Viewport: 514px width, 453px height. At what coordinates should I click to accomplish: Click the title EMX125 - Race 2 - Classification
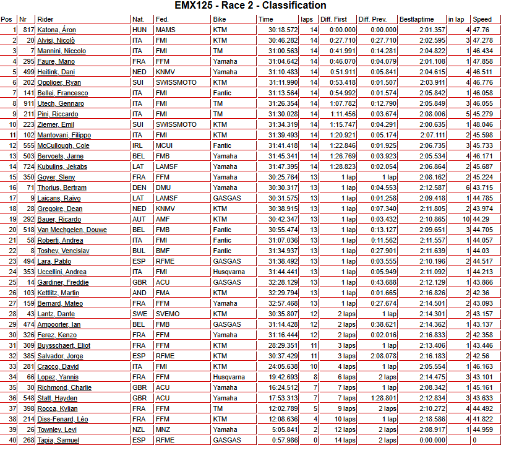pos(257,6)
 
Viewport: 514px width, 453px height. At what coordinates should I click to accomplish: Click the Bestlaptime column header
pos(415,19)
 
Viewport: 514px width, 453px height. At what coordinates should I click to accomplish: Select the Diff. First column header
pos(334,19)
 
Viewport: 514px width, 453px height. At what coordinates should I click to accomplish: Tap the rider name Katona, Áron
pos(56,30)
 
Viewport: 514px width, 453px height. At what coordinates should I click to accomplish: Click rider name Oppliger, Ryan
pos(59,82)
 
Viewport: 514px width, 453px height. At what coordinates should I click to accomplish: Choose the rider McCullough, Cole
pos(63,145)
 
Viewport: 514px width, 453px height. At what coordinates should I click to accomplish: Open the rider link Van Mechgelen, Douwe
pos(72,230)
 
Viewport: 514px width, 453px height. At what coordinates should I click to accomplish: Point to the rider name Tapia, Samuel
pos(58,440)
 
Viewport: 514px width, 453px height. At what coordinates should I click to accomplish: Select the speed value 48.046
pos(482,124)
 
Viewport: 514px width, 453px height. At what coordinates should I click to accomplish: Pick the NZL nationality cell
pos(139,429)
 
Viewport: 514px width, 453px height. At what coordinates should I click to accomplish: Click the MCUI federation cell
pos(164,145)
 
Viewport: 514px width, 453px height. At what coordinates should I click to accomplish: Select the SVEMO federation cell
pos(167,314)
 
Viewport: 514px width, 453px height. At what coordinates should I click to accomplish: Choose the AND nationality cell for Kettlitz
pos(139,293)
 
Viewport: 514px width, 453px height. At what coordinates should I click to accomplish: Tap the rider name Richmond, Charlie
pos(64,387)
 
